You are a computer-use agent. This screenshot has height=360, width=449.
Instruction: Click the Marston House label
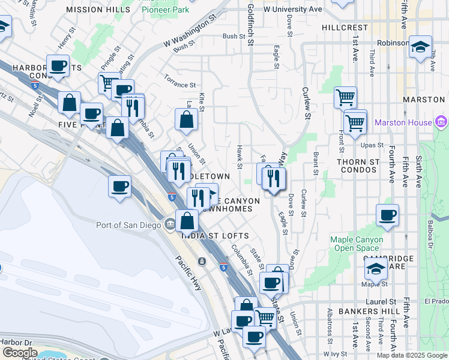(403, 123)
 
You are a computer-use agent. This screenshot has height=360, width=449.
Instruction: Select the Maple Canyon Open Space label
(357, 244)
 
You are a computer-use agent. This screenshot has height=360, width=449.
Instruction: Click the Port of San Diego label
(128, 225)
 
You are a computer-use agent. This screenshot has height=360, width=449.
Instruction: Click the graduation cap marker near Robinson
(420, 46)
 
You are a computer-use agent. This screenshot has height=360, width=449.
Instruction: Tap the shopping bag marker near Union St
(186, 119)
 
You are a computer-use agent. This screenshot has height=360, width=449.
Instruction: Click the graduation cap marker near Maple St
(376, 268)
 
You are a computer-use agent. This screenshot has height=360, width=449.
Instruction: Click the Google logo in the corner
(20, 353)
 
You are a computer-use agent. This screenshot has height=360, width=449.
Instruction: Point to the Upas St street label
(371, 145)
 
